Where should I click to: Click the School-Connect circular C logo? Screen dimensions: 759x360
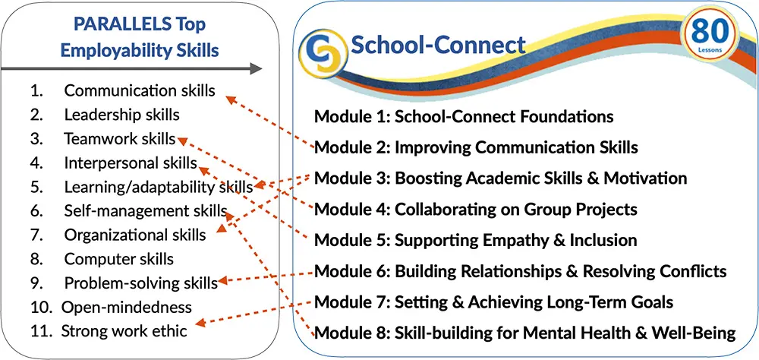pos(323,54)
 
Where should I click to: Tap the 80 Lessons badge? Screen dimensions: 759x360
pos(710,35)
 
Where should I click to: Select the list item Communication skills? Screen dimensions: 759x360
pos(140,90)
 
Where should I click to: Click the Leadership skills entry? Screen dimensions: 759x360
pos(121,115)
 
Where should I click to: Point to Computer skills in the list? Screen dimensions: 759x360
pos(118,259)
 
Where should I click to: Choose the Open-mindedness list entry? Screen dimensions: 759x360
pos(126,307)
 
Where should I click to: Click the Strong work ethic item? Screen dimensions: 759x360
pos(124,331)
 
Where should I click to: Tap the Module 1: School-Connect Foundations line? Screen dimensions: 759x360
pos(464,117)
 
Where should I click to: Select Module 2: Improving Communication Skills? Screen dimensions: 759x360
pos(476,147)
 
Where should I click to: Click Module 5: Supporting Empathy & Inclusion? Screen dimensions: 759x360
pos(475,240)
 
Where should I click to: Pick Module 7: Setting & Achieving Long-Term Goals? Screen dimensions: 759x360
pos(494,302)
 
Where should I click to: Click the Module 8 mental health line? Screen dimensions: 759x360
pos(525,333)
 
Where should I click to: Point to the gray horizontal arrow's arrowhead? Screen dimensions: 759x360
pos(256,69)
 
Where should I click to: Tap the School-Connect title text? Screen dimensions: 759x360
pos(438,45)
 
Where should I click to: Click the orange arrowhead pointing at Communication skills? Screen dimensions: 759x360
pos(231,99)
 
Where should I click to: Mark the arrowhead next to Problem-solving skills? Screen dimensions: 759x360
pos(223,280)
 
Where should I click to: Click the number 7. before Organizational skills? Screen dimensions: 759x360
pos(36,235)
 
